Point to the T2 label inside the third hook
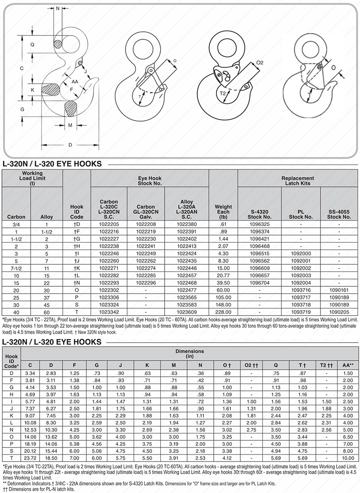coord(223,94)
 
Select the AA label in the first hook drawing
coord(75,81)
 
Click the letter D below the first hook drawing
coord(70,145)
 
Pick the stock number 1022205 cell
coord(109,224)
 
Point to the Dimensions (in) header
coord(189,353)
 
